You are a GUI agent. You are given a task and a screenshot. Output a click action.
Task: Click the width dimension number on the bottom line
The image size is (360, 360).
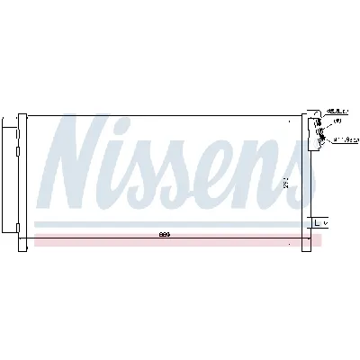(x=165, y=235)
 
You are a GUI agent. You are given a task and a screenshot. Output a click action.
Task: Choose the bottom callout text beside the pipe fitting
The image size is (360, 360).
(x=339, y=139)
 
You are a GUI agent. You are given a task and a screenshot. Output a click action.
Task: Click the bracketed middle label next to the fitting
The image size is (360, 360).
(x=337, y=121)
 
